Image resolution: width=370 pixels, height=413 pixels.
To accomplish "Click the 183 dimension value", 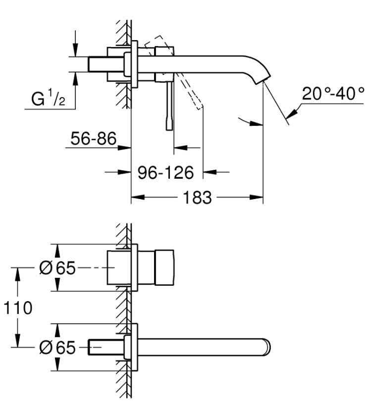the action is click(197, 198).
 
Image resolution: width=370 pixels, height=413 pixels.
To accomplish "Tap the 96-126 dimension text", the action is click(166, 173).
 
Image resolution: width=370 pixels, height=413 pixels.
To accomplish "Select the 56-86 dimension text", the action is click(93, 139).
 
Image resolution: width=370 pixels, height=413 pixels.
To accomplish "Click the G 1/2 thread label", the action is click(48, 98).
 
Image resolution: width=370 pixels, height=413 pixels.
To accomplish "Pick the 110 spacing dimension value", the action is click(18, 308).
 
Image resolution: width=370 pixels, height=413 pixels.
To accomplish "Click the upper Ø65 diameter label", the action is click(57, 268).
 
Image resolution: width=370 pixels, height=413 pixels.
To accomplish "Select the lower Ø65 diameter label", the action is click(57, 348).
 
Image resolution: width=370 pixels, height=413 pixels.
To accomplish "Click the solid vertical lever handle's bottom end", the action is click(169, 129).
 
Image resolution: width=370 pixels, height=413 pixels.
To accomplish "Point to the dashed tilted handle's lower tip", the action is click(200, 108).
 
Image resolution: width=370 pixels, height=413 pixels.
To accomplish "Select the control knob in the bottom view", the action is click(164, 267).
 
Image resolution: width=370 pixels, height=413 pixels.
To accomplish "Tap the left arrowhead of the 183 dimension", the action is click(138, 197).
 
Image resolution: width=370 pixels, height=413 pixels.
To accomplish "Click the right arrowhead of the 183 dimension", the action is click(257, 197).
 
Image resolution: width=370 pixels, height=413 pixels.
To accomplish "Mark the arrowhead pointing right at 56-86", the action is click(124, 148).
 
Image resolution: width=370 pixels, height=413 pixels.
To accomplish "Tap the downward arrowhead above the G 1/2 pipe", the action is click(75, 50).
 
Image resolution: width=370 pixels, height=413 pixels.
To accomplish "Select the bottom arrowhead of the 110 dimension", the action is click(18, 341).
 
